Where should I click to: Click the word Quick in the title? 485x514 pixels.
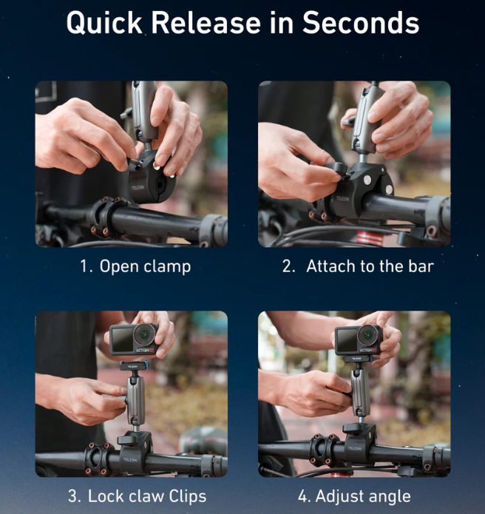pos(104,23)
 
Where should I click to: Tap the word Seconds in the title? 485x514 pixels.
pos(361,22)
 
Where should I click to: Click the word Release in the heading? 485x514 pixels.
pos(206,22)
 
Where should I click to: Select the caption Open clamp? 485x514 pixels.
pos(145,266)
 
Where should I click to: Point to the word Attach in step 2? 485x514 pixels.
pos(330,266)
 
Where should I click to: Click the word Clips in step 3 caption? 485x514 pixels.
pos(188,496)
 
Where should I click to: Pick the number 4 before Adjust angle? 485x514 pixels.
pos(304,496)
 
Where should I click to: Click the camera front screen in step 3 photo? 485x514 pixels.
pos(121,339)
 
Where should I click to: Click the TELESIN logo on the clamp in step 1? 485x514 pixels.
pos(138,188)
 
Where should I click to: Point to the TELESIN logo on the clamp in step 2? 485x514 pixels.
pos(342,198)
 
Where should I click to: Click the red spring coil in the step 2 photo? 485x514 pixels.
pos(370,237)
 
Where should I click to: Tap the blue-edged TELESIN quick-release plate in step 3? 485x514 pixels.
pos(134,366)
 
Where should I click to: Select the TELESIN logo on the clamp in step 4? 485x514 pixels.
pos(355,447)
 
